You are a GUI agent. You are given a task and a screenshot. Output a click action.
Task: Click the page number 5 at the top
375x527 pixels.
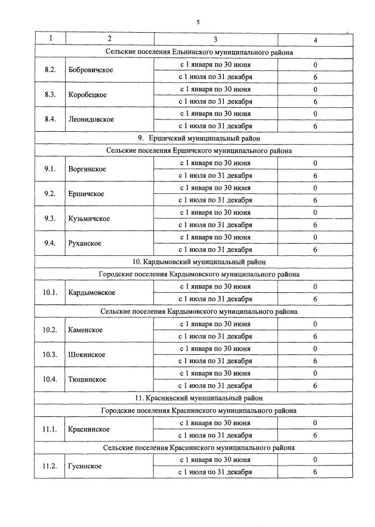(198, 22)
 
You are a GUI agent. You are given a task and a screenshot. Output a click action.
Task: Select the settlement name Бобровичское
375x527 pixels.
(91, 70)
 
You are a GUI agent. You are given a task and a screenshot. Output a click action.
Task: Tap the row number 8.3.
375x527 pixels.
(50, 95)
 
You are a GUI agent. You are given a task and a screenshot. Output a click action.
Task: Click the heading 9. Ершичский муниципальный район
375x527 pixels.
(199, 138)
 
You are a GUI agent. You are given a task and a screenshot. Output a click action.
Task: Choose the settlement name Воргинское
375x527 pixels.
(87, 169)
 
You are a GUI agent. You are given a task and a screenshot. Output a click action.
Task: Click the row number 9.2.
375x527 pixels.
(50, 194)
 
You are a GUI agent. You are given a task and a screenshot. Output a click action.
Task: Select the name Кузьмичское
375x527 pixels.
(89, 218)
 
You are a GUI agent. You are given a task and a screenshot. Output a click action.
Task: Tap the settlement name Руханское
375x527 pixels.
(85, 243)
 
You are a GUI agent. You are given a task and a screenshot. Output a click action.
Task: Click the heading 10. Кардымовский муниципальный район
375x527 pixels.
(199, 262)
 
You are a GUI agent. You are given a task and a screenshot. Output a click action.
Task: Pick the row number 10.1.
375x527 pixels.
(50, 293)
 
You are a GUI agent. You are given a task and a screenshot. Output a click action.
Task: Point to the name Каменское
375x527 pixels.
(86, 330)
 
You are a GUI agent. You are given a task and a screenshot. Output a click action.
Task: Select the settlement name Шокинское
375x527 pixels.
(87, 355)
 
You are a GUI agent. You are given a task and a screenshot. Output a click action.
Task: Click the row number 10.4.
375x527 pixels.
(50, 379)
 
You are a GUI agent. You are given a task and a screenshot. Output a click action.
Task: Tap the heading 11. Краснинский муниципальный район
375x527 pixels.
(199, 398)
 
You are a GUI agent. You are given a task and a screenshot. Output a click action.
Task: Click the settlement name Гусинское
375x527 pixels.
(85, 466)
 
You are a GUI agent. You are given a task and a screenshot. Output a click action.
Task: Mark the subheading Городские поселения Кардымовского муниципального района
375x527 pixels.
(199, 274)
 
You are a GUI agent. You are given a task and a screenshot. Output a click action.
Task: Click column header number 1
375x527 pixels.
(50, 39)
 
